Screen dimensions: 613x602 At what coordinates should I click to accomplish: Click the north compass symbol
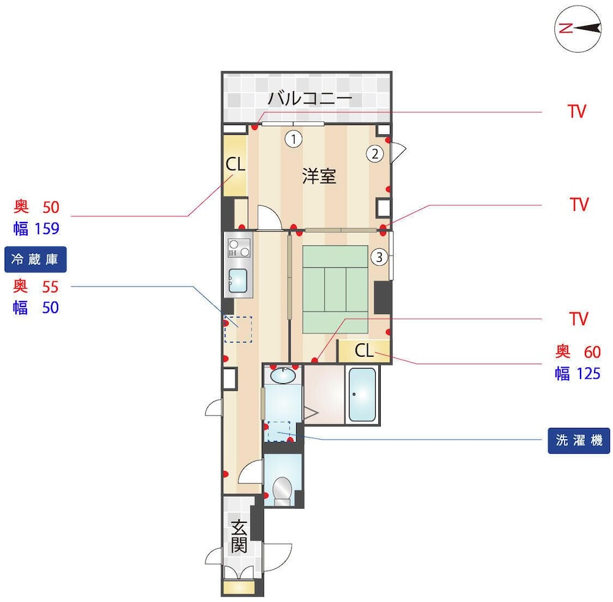tap(578, 29)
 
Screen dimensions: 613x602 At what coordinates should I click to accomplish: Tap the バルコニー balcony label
tap(310, 98)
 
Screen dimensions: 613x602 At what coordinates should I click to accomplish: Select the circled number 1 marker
tap(294, 139)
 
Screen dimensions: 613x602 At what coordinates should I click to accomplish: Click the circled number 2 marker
tap(375, 154)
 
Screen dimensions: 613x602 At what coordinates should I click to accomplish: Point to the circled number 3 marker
tap(379, 257)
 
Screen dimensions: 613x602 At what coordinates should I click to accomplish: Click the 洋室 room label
tap(319, 176)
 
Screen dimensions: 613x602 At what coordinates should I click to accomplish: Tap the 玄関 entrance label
tap(239, 536)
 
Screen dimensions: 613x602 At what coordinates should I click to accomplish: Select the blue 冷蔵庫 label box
tap(35, 259)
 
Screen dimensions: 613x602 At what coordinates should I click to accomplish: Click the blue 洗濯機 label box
tap(579, 441)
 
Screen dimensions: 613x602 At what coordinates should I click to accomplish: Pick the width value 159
tap(47, 228)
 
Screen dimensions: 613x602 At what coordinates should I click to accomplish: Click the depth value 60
tap(592, 352)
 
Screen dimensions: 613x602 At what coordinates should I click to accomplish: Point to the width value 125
tap(588, 374)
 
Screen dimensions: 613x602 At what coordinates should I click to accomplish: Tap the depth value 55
tap(50, 287)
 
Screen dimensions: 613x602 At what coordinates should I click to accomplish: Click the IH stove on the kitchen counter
tap(239, 248)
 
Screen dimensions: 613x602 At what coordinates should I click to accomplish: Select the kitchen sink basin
tap(238, 280)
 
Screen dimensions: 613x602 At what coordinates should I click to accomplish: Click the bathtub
tap(362, 394)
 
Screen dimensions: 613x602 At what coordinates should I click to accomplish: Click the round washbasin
tap(283, 376)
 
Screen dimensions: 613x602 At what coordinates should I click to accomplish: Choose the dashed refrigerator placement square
tap(238, 330)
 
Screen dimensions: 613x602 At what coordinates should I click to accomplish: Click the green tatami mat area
tap(335, 289)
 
